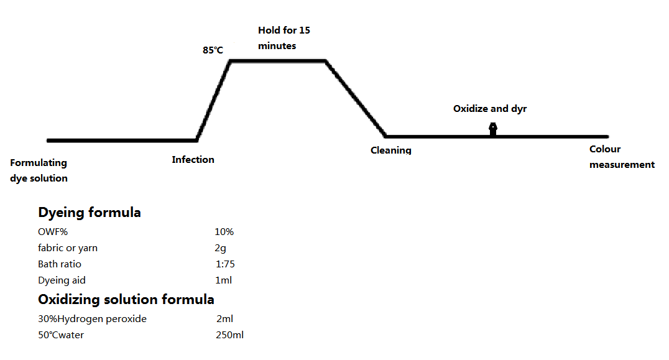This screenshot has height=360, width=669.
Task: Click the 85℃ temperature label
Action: pyautogui.click(x=213, y=50)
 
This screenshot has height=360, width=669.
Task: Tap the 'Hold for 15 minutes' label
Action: pyautogui.click(x=284, y=38)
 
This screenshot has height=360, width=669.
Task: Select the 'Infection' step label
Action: pyautogui.click(x=193, y=160)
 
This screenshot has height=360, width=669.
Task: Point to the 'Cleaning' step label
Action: pyautogui.click(x=391, y=150)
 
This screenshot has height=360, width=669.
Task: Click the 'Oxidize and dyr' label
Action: pyautogui.click(x=490, y=109)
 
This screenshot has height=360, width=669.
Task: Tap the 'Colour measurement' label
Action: pyautogui.click(x=622, y=157)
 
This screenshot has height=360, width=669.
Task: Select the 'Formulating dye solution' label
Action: pyautogui.click(x=39, y=170)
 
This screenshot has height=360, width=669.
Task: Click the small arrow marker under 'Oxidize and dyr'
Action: pyautogui.click(x=493, y=129)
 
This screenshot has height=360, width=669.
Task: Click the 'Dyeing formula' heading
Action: pyautogui.click(x=89, y=213)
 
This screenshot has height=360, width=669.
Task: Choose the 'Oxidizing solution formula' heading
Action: pyautogui.click(x=126, y=300)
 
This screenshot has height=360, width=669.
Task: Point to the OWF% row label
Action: pyautogui.click(x=53, y=232)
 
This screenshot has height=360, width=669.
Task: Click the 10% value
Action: pyautogui.click(x=224, y=232)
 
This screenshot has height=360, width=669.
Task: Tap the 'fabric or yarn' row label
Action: pyautogui.click(x=67, y=248)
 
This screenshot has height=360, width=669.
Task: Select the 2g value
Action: pyautogui.click(x=220, y=248)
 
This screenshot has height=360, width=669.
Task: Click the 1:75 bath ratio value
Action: pyautogui.click(x=225, y=264)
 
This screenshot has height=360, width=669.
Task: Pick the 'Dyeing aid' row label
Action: pyautogui.click(x=62, y=280)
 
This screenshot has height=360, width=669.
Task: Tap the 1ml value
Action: pyautogui.click(x=224, y=280)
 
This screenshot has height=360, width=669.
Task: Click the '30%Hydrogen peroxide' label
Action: pyautogui.click(x=92, y=319)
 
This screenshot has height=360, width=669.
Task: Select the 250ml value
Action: pyautogui.click(x=229, y=335)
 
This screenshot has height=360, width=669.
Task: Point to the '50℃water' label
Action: pyautogui.click(x=60, y=335)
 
